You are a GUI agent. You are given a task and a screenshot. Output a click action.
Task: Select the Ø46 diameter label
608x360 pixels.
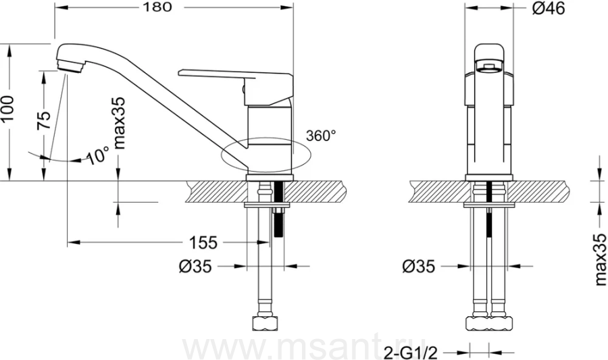point(549,9)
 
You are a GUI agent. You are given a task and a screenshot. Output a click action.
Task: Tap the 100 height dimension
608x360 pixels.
point(7,108)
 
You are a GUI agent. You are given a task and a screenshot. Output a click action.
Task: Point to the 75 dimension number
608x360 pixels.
point(43,120)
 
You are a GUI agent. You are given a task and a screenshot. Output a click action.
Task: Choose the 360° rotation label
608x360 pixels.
point(321,136)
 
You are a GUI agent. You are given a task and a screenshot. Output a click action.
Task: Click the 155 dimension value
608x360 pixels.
point(203,242)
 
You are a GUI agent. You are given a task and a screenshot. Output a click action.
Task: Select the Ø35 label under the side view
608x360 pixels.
point(196,266)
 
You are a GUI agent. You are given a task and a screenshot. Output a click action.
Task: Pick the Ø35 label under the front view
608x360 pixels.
point(419,266)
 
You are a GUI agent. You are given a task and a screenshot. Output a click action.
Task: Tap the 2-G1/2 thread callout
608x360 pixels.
point(411,353)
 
